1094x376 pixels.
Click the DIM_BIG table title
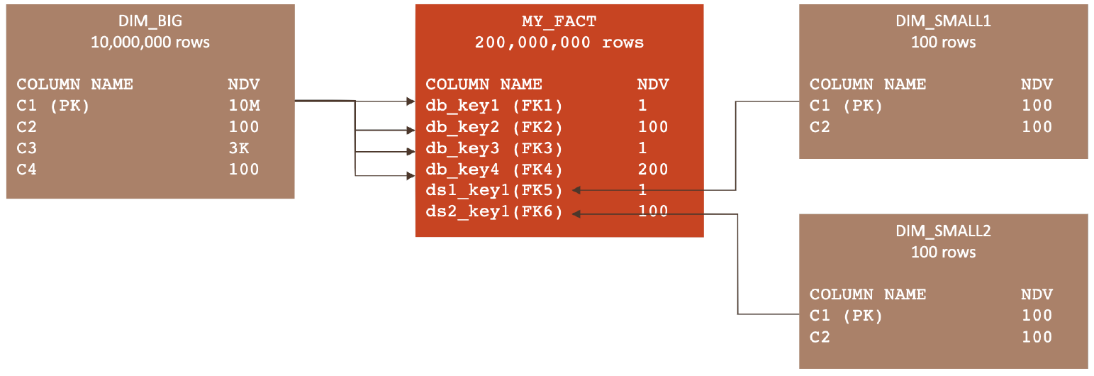[x=150, y=21]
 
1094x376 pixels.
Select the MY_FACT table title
[x=559, y=21]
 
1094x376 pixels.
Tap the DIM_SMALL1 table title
[x=943, y=21]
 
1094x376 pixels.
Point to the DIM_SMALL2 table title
[x=943, y=231]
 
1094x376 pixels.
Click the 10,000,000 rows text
[x=150, y=43]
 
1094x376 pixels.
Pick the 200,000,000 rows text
[x=559, y=43]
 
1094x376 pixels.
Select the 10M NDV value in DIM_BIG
[x=244, y=106]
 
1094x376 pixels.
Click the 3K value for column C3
[x=239, y=148]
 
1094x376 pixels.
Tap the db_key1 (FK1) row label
[x=493, y=106]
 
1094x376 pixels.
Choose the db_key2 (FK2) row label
[x=493, y=127]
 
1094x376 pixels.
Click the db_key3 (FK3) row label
[x=493, y=148]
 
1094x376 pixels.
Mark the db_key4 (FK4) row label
[x=493, y=170]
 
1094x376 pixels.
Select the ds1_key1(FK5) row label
[x=493, y=190]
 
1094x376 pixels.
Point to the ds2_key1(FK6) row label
[x=493, y=211]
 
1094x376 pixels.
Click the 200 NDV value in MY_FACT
[x=652, y=170]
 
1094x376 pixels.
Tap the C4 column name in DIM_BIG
[x=28, y=170]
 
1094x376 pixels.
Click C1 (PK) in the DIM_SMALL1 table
[x=846, y=106]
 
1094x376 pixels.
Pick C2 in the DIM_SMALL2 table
[x=820, y=337]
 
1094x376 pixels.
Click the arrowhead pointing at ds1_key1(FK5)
[x=577, y=190]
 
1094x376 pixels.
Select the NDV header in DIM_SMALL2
[x=1037, y=294]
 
